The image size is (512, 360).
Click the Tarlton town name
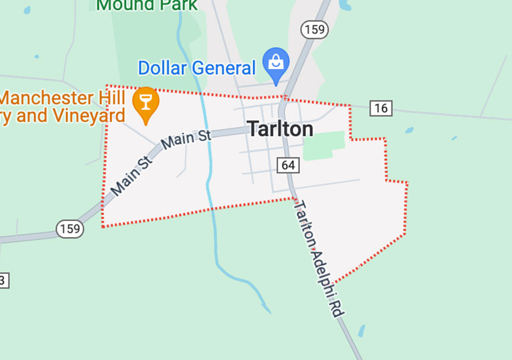pos(280,129)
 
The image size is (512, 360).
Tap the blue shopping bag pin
pos(276,63)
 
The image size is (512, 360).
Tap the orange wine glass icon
pos(146,103)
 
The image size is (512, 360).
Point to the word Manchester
pos(47,98)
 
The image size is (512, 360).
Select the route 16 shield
pos(381,108)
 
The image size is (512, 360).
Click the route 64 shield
pos(288,165)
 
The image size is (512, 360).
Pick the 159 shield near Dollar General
pos(314,29)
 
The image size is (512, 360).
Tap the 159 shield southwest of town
pos(70,229)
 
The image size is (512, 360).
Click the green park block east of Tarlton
pos(324,146)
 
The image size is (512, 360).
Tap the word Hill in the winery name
pos(113,98)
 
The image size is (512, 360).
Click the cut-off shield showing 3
pos(3,280)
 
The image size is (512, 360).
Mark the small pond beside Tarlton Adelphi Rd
pos(361,330)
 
